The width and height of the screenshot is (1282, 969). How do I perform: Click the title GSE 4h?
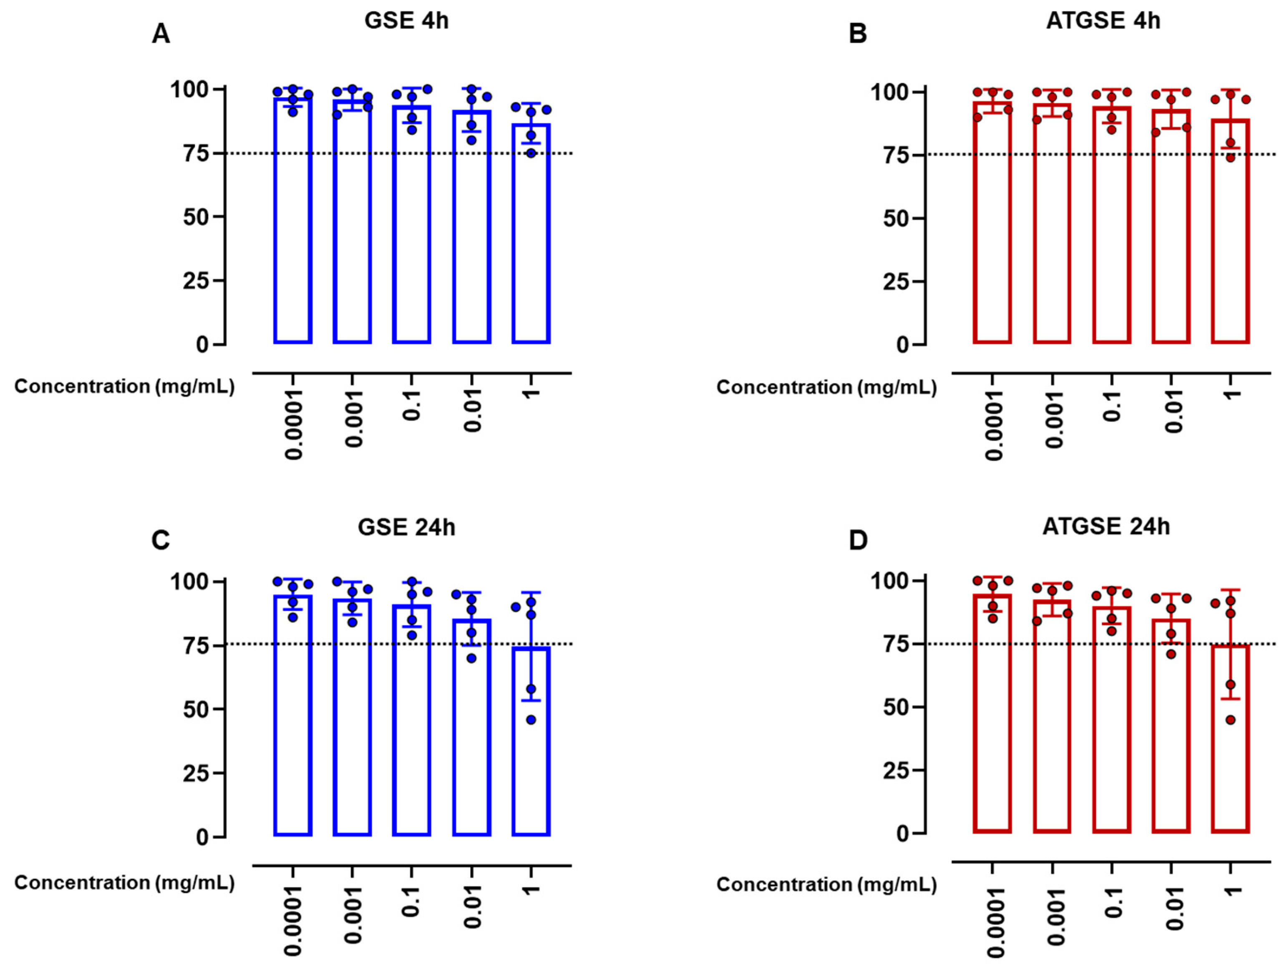pyautogui.click(x=406, y=21)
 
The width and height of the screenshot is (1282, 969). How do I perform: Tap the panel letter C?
pyautogui.click(x=161, y=540)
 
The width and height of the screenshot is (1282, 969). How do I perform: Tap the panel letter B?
pyautogui.click(x=858, y=34)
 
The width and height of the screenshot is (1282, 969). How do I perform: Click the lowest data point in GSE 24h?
pyautogui.click(x=531, y=720)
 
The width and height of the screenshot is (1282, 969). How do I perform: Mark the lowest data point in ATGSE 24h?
pyautogui.click(x=1230, y=720)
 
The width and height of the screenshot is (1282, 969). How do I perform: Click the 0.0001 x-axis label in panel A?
pyautogui.click(x=294, y=424)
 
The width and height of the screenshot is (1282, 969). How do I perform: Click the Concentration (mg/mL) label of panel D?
pyautogui.click(x=826, y=884)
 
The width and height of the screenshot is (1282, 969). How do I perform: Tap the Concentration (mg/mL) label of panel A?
pyautogui.click(x=125, y=387)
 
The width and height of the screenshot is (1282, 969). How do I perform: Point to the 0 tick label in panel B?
pyautogui.click(x=902, y=345)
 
